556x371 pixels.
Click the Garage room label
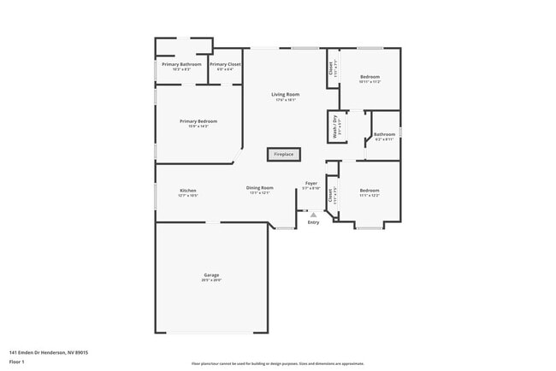[211, 274]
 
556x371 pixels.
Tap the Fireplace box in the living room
[283, 155]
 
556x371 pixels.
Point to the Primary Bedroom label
[198, 121]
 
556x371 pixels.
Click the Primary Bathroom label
[181, 64]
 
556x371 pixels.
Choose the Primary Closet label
[225, 64]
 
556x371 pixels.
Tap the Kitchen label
[188, 190]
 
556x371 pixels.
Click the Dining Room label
[260, 187]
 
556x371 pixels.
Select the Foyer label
[312, 183]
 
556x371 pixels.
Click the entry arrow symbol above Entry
[313, 215]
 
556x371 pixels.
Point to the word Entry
[313, 222]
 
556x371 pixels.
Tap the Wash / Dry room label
[334, 126]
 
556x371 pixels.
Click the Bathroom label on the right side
[384, 134]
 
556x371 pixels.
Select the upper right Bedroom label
[370, 76]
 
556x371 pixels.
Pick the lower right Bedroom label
[370, 190]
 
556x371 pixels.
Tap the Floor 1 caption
[18, 362]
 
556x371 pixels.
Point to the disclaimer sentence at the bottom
[277, 362]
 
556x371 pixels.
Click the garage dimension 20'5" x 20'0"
[211, 280]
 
